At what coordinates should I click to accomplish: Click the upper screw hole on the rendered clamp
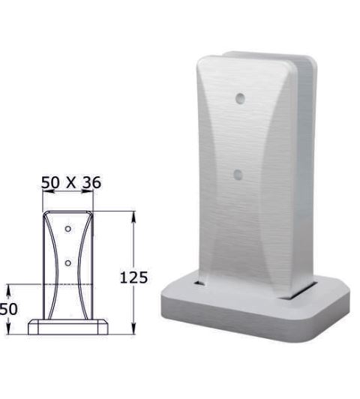click(239, 98)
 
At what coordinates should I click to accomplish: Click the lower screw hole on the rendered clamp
click(238, 174)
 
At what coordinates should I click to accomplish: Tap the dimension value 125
click(134, 278)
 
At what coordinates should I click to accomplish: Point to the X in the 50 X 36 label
click(72, 183)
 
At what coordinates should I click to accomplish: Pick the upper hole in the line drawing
click(67, 228)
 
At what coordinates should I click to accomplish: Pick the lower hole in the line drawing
click(67, 262)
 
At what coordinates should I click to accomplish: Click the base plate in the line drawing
click(68, 328)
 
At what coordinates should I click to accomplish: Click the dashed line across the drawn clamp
click(68, 285)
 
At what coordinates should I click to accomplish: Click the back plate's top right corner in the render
click(308, 58)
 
